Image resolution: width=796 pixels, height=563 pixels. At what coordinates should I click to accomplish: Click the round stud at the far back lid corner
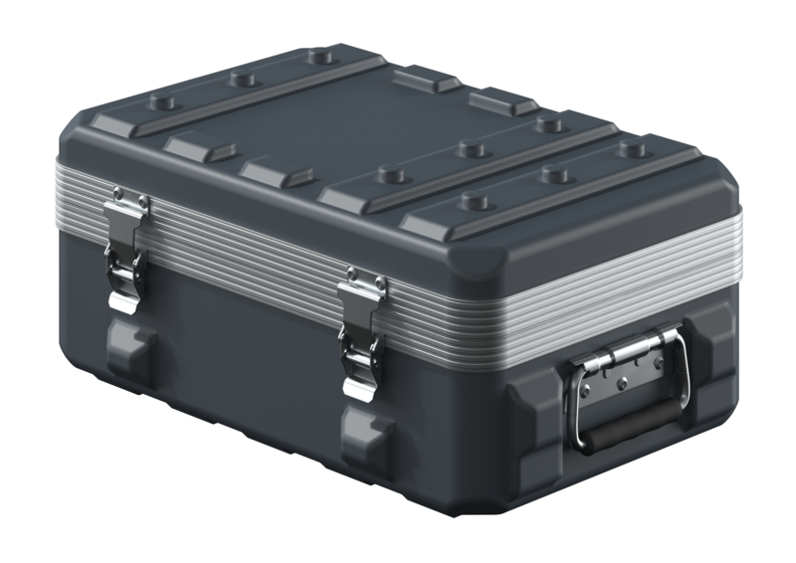point(320,57)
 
